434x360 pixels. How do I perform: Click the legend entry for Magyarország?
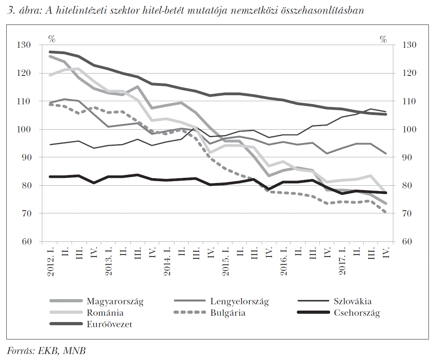click(115, 302)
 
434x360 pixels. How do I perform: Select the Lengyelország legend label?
click(239, 302)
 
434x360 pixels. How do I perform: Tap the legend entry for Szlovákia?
click(353, 302)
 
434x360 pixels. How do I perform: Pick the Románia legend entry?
click(105, 313)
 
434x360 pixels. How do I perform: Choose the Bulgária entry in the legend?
click(228, 313)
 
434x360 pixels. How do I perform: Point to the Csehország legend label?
click(357, 313)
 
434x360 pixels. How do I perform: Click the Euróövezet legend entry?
click(109, 324)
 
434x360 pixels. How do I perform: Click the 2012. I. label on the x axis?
click(51, 260)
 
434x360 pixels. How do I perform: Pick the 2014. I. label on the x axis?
click(167, 260)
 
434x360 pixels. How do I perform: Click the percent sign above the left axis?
click(52, 39)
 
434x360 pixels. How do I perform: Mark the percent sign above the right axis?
click(383, 39)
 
